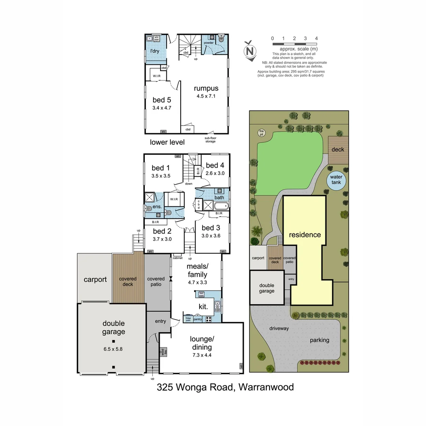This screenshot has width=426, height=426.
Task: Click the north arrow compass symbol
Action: click(x=249, y=51)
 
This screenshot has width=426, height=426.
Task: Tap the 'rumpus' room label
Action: click(x=206, y=88)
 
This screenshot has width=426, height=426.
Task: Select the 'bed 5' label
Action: click(x=162, y=100)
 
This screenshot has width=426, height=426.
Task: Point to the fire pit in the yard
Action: click(x=261, y=133)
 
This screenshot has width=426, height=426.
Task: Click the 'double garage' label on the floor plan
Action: click(x=114, y=327)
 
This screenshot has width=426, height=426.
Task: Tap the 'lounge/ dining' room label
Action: click(x=202, y=343)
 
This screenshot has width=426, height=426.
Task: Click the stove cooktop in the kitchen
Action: click(x=209, y=319)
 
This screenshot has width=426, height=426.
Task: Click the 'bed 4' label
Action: click(x=215, y=165)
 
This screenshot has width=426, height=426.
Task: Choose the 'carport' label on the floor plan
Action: click(x=95, y=280)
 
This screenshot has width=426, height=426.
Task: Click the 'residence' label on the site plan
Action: click(x=305, y=235)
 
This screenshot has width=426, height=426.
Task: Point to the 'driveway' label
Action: click(x=279, y=328)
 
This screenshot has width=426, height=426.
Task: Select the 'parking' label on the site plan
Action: click(x=319, y=340)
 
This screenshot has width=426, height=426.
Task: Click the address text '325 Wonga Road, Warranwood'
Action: click(x=225, y=387)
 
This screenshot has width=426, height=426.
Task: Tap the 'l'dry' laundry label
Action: click(x=154, y=51)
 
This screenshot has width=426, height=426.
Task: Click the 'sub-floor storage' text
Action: click(x=210, y=140)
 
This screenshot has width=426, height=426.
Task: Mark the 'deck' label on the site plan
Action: click(x=338, y=149)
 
